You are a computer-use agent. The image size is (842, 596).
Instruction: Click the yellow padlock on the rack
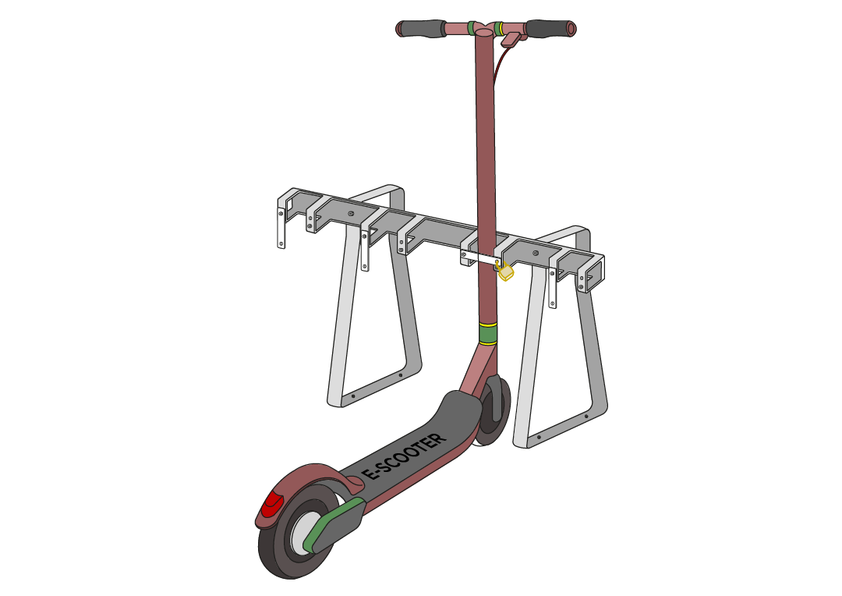pyautogui.click(x=505, y=271)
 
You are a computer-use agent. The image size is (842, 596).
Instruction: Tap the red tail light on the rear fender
pyautogui.click(x=273, y=504)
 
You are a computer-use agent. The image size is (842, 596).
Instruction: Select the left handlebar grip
pyautogui.click(x=421, y=29)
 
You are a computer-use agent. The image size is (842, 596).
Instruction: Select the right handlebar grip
pyautogui.click(x=551, y=28)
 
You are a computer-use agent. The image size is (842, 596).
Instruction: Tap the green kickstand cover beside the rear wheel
pyautogui.click(x=334, y=525)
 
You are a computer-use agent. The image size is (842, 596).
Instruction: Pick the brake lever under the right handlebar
pyautogui.click(x=511, y=39)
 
